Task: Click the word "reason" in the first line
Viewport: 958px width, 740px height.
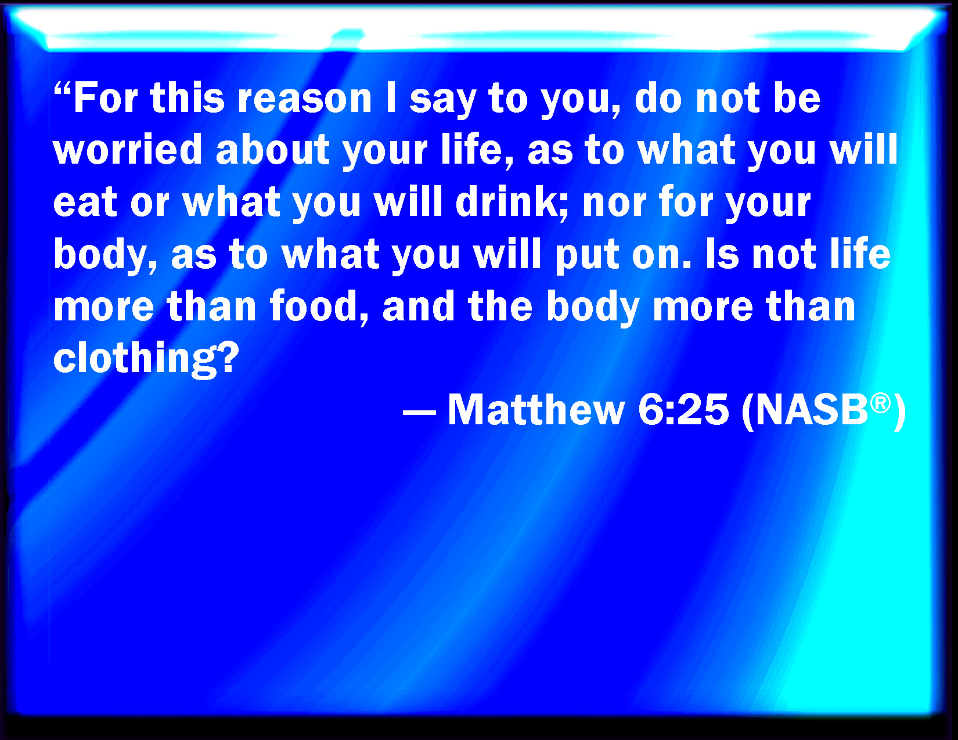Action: tap(305, 99)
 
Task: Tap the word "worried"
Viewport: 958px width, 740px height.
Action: tap(127, 149)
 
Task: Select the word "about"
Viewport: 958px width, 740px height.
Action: tap(272, 149)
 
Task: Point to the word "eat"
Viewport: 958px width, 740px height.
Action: tap(85, 203)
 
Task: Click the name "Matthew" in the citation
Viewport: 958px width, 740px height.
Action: tap(536, 410)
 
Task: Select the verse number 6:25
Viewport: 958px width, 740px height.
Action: tap(683, 410)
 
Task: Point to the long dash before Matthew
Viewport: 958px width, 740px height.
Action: tap(419, 413)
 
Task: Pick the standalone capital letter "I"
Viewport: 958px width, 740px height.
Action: tap(391, 98)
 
